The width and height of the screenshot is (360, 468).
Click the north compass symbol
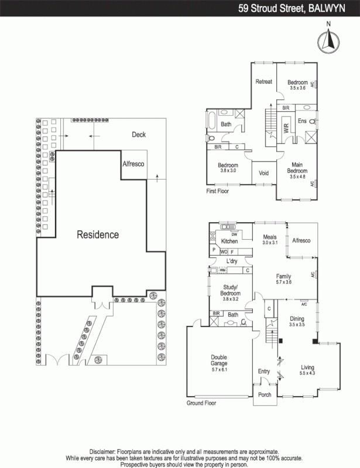[x=329, y=40]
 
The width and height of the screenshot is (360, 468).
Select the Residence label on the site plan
[x=98, y=235]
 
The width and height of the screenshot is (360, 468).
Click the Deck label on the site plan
[x=138, y=135]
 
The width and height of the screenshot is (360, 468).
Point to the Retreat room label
[x=264, y=82]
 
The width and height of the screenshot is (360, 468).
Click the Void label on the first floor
[x=263, y=173]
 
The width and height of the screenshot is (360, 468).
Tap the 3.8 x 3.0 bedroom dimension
[x=227, y=170]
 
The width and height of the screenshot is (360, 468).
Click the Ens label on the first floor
[x=302, y=121]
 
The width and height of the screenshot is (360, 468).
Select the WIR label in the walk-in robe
[x=286, y=128]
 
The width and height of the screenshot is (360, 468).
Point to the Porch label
[x=265, y=395]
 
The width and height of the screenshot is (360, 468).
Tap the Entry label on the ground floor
[x=264, y=371]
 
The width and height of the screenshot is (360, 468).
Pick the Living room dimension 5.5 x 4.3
[x=307, y=373]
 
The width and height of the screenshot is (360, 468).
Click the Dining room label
[x=297, y=318]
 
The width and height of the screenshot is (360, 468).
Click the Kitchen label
[x=229, y=241]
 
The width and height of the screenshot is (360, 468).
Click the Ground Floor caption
[x=201, y=404]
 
